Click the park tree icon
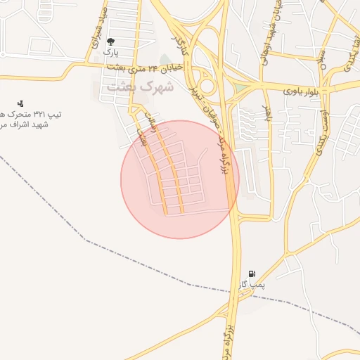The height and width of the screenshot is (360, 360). pyautogui.click(x=110, y=41)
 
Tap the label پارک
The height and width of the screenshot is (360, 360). pyautogui.click(x=110, y=52)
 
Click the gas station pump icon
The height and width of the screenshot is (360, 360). pyautogui.click(x=252, y=274)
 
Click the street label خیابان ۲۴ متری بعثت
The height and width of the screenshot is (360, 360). pyautogui.click(x=145, y=68)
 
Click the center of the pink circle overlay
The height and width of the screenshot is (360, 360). pyautogui.click(x=180, y=179)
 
